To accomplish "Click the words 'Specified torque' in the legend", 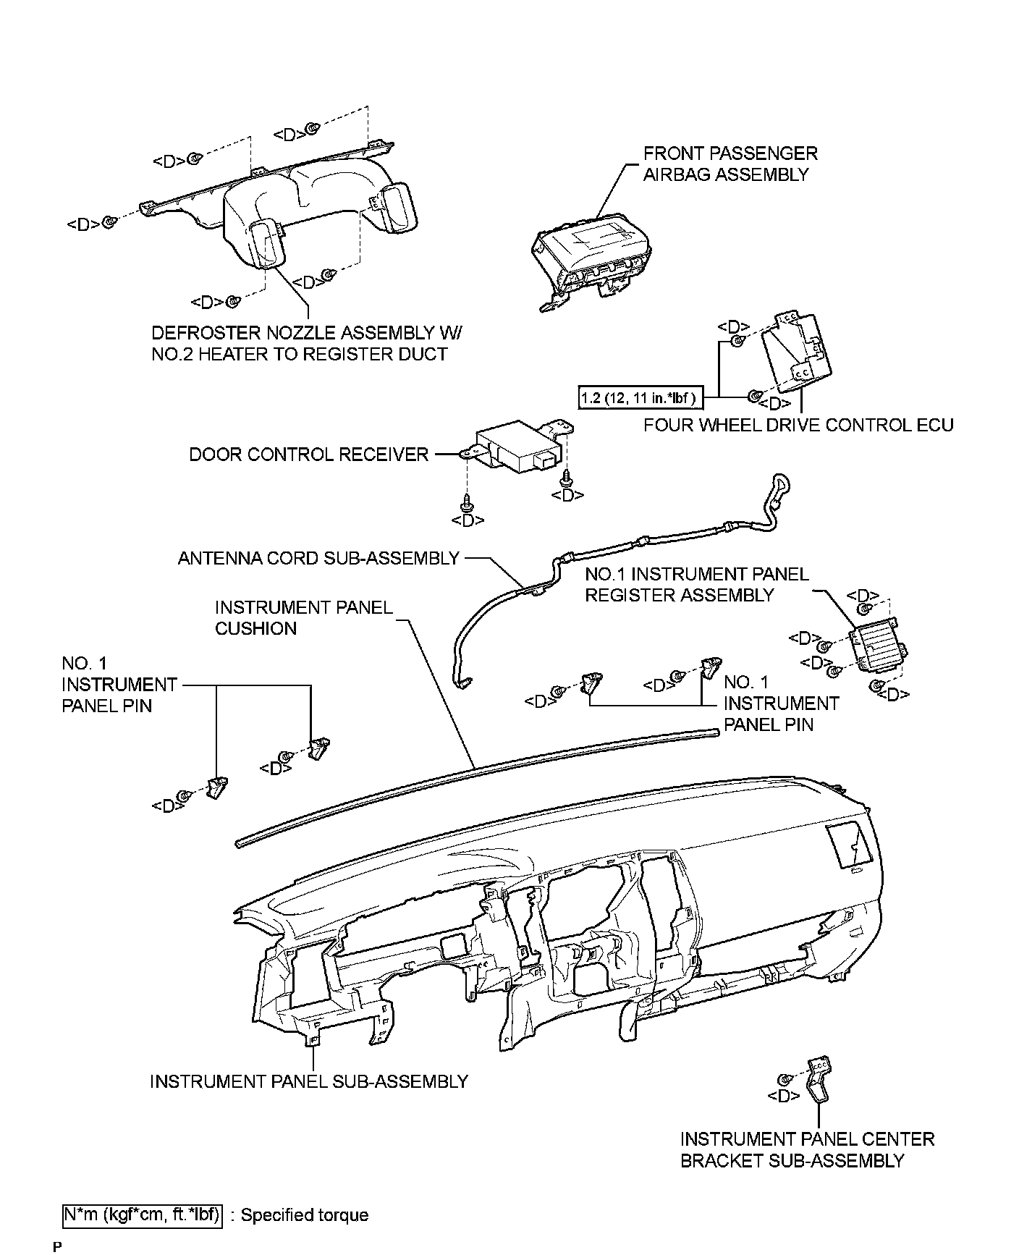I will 304,1215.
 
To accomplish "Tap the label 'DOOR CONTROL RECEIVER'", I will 309,455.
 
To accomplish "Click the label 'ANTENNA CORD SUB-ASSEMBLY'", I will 318,558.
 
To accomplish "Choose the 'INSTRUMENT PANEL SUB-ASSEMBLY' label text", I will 309,1081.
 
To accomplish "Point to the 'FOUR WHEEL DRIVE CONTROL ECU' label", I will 798,425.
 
